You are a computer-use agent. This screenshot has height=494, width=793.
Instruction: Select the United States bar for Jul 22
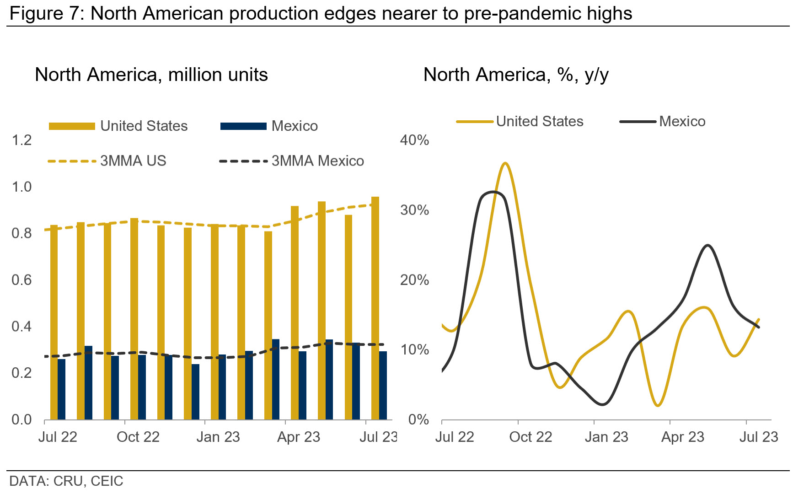pos(54,322)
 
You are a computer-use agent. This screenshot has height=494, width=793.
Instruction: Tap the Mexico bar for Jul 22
pos(62,389)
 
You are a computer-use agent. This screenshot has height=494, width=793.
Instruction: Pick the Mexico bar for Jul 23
pos(383,385)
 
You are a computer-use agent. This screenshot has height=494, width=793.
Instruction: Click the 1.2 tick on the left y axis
pos(21,140)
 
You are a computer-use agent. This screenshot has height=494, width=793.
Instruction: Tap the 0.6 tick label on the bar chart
pos(21,280)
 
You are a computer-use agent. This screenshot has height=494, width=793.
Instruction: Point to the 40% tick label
pos(414,140)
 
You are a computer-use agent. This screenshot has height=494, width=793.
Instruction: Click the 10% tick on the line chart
pos(414,350)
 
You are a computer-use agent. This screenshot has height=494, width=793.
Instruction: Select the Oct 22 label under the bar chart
pos(138,437)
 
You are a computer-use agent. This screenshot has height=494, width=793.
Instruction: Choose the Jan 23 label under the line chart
pos(606,437)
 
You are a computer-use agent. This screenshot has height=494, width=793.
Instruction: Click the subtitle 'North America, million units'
pos(151,75)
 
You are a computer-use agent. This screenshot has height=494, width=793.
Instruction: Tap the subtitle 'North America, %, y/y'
pos(516,75)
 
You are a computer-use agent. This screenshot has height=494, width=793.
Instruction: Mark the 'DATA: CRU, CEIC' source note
pos(66,481)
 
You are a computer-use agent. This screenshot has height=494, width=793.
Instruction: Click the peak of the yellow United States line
pos(505,163)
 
